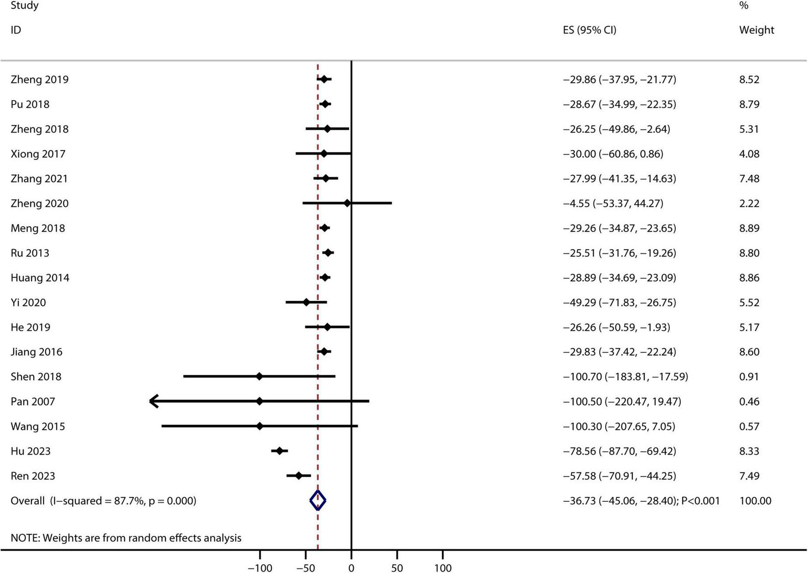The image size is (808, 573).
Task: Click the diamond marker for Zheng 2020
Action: coord(347,203)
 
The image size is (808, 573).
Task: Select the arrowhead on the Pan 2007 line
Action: coord(154,401)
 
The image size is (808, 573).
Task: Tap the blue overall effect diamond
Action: coord(318,500)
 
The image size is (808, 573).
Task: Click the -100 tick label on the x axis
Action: coord(260,568)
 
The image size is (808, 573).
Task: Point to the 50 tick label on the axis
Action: coord(397,568)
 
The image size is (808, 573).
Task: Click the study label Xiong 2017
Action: coord(38,154)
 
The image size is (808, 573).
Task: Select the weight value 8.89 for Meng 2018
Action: coord(749,228)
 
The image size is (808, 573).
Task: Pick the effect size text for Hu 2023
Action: coord(619,451)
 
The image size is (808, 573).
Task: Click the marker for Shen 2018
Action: coord(259,377)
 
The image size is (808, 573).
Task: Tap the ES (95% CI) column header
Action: coord(590,30)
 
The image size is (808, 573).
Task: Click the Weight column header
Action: coord(756,30)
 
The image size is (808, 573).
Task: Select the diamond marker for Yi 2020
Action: coord(306,302)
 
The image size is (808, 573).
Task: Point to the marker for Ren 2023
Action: coord(299,476)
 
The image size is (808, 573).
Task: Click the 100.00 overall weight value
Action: coord(755,501)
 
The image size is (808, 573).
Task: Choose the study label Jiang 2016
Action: coord(36,352)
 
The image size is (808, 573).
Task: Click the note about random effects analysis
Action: coord(126,538)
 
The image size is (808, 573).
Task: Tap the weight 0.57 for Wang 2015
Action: coord(749,426)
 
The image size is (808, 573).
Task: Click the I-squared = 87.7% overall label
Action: coord(104,501)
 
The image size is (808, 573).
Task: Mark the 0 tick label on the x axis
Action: coord(351,568)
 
